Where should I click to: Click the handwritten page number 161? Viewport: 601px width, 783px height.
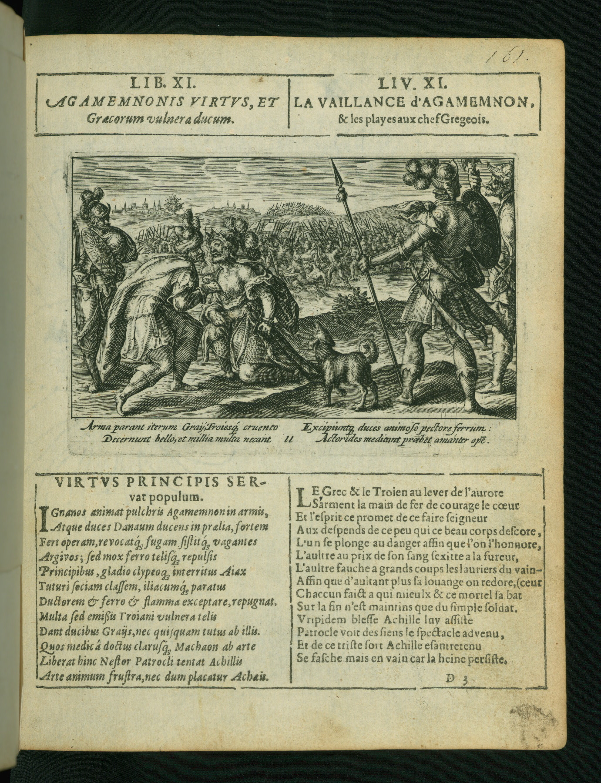508,56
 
